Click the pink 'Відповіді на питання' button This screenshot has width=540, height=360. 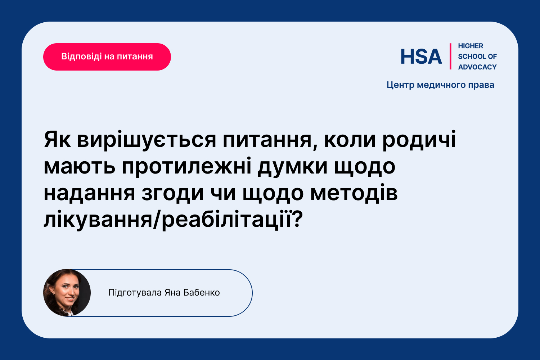[107, 57]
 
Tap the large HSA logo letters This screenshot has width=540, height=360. [421, 57]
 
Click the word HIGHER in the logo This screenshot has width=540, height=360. [470, 46]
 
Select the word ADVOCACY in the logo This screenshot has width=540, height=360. [477, 67]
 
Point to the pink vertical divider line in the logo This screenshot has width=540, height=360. [450, 57]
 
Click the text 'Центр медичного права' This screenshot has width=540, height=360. [440, 85]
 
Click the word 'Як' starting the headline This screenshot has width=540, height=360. [57, 139]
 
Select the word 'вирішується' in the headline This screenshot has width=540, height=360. [147, 140]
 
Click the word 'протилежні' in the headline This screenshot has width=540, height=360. [186, 167]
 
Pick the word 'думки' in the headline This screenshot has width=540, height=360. [292, 168]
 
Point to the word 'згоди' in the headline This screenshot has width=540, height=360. [172, 194]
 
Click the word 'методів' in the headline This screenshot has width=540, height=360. [354, 193]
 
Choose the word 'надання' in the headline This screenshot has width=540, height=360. [89, 194]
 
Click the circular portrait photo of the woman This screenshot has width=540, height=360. [67, 293]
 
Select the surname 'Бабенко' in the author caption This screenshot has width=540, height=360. [202, 292]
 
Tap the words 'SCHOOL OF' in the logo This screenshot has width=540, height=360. [477, 57]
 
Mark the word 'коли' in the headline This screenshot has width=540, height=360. [350, 140]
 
